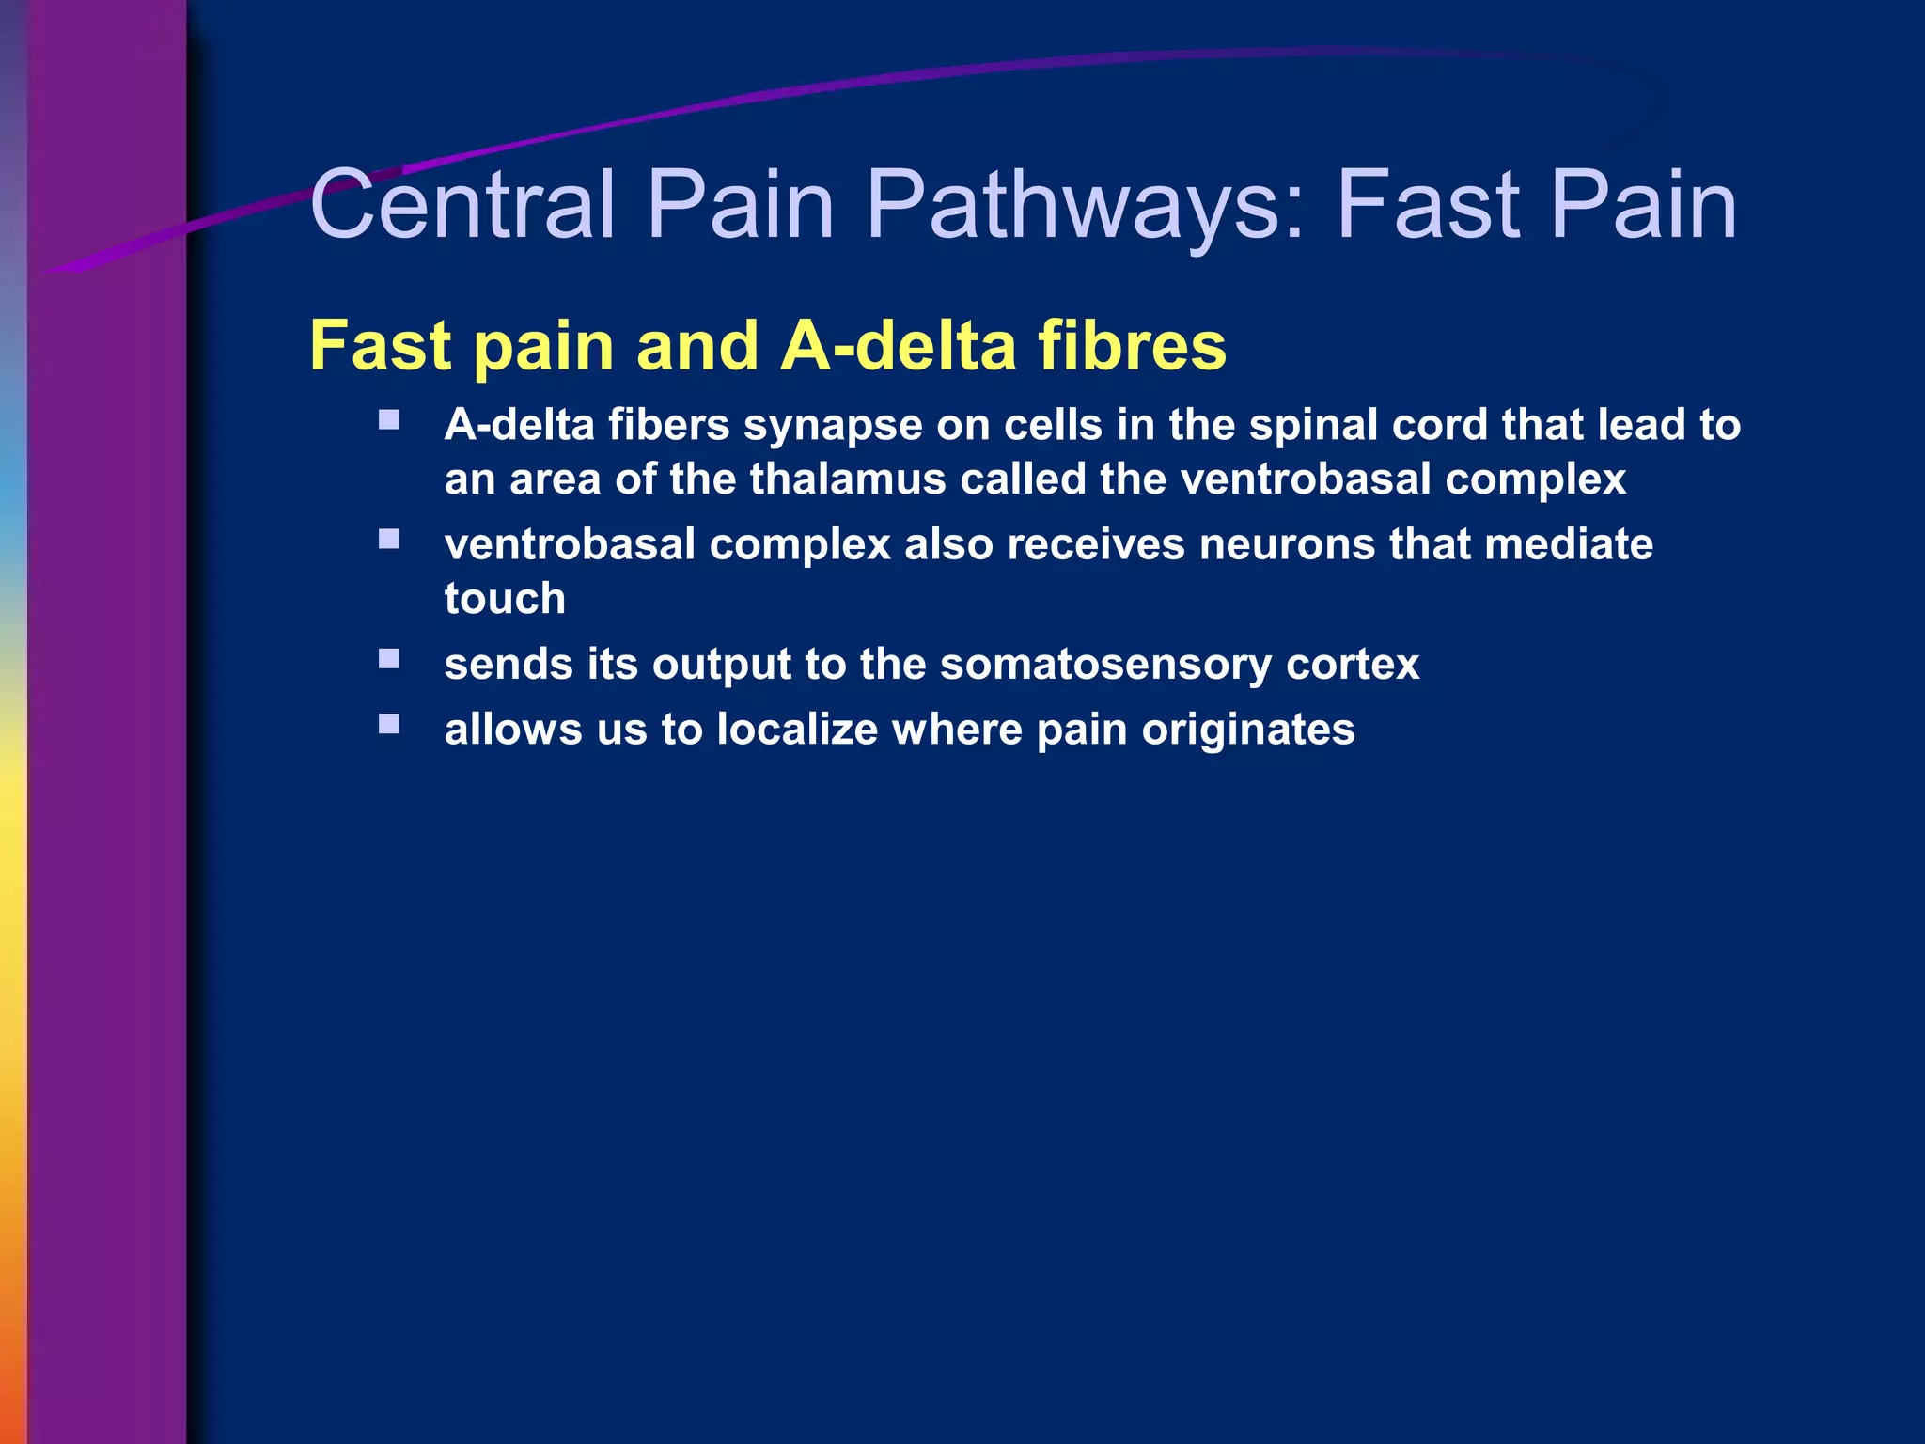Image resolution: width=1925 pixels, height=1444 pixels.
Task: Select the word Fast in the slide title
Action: point(1427,204)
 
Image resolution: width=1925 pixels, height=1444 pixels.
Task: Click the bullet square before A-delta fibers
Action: point(389,419)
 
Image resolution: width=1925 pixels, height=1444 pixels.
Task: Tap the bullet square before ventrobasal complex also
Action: point(389,539)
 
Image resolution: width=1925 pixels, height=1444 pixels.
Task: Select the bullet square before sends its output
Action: point(389,658)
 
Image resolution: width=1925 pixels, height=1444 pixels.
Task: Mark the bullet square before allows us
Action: point(389,723)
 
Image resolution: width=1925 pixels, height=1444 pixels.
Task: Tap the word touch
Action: point(505,599)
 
